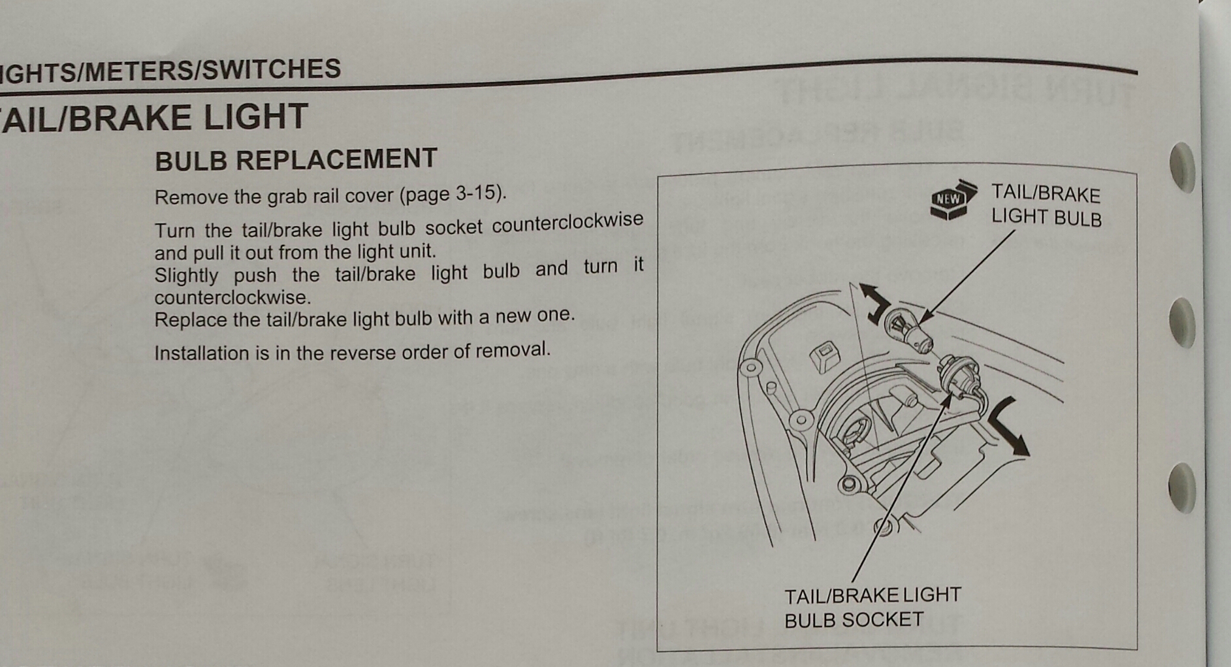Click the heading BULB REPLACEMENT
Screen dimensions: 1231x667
coord(296,159)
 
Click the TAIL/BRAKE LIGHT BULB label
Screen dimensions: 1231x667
coord(1046,205)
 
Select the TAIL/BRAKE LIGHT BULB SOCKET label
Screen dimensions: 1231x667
coord(872,607)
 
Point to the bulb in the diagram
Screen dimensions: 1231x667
coord(908,329)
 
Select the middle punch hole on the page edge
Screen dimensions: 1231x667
coord(1183,322)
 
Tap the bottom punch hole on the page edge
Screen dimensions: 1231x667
coord(1182,487)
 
